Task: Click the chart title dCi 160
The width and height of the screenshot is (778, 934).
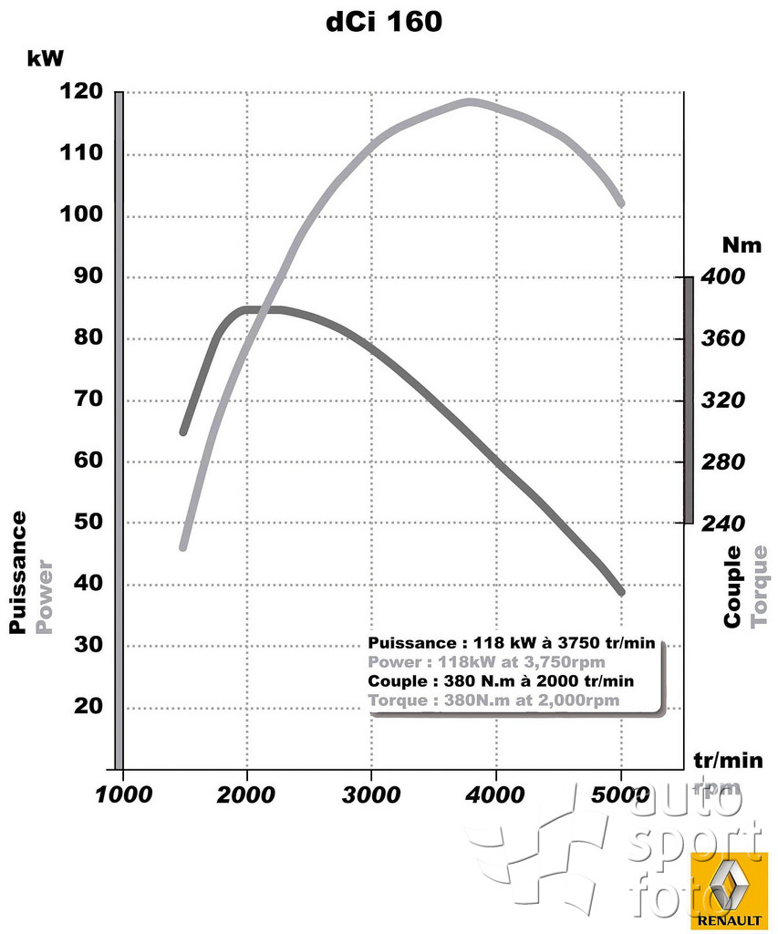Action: point(384,23)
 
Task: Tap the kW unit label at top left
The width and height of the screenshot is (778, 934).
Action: point(46,59)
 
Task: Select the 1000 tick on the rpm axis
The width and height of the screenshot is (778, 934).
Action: point(123,794)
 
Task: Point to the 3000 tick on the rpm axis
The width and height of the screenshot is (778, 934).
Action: point(371,794)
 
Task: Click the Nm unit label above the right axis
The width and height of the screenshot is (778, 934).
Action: point(740,244)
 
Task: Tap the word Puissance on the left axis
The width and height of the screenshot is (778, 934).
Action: point(17,572)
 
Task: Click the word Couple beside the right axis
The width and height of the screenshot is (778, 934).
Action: point(732,587)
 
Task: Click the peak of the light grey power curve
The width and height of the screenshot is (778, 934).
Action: point(470,101)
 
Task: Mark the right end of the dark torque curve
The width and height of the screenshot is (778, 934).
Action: point(621,592)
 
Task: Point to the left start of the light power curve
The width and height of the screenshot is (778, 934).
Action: point(183,546)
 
